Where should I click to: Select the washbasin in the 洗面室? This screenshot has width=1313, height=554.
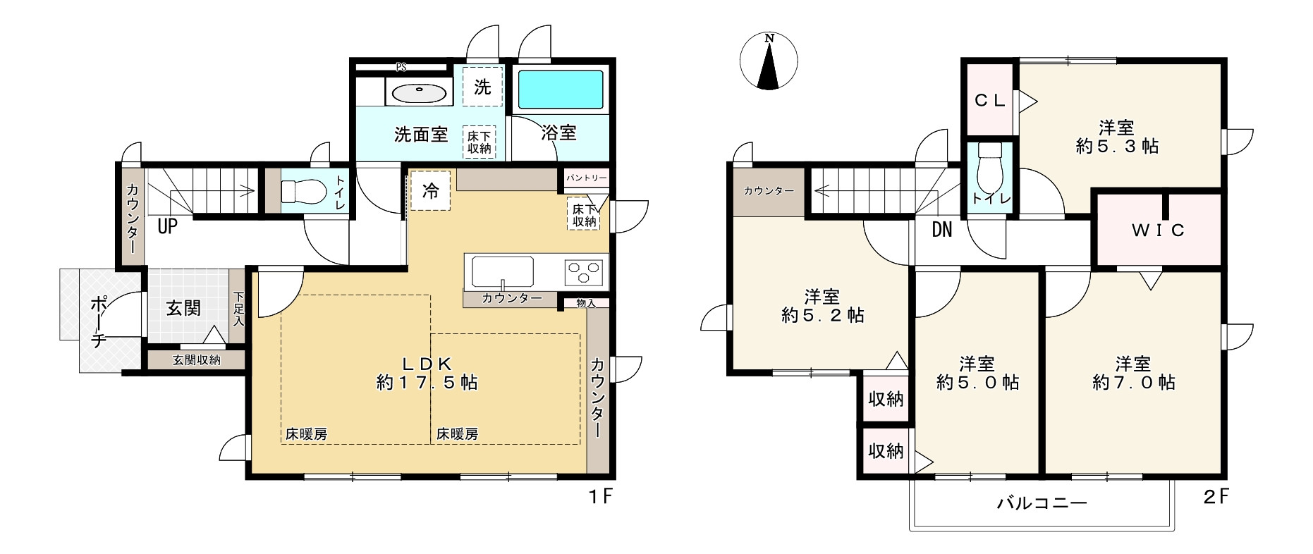[x=420, y=92]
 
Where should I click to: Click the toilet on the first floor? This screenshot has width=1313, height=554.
[x=303, y=191]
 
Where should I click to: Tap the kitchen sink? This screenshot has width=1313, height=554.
[x=502, y=271]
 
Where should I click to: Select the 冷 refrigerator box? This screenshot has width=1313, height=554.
[x=429, y=191]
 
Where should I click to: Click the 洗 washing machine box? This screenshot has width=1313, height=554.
[x=482, y=87]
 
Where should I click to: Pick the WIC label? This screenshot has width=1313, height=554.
[x=1159, y=230]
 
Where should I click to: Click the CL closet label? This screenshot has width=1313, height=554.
[x=989, y=100]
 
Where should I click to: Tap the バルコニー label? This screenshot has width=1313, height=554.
[x=1042, y=503]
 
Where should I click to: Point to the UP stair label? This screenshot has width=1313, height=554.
[x=167, y=227]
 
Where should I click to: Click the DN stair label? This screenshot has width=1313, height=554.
[x=941, y=230]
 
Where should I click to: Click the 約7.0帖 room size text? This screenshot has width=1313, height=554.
[x=1133, y=383]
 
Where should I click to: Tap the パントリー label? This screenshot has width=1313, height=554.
[x=586, y=178]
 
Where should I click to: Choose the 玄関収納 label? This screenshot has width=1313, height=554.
[x=197, y=360]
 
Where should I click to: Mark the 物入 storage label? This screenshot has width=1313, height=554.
[x=586, y=303]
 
